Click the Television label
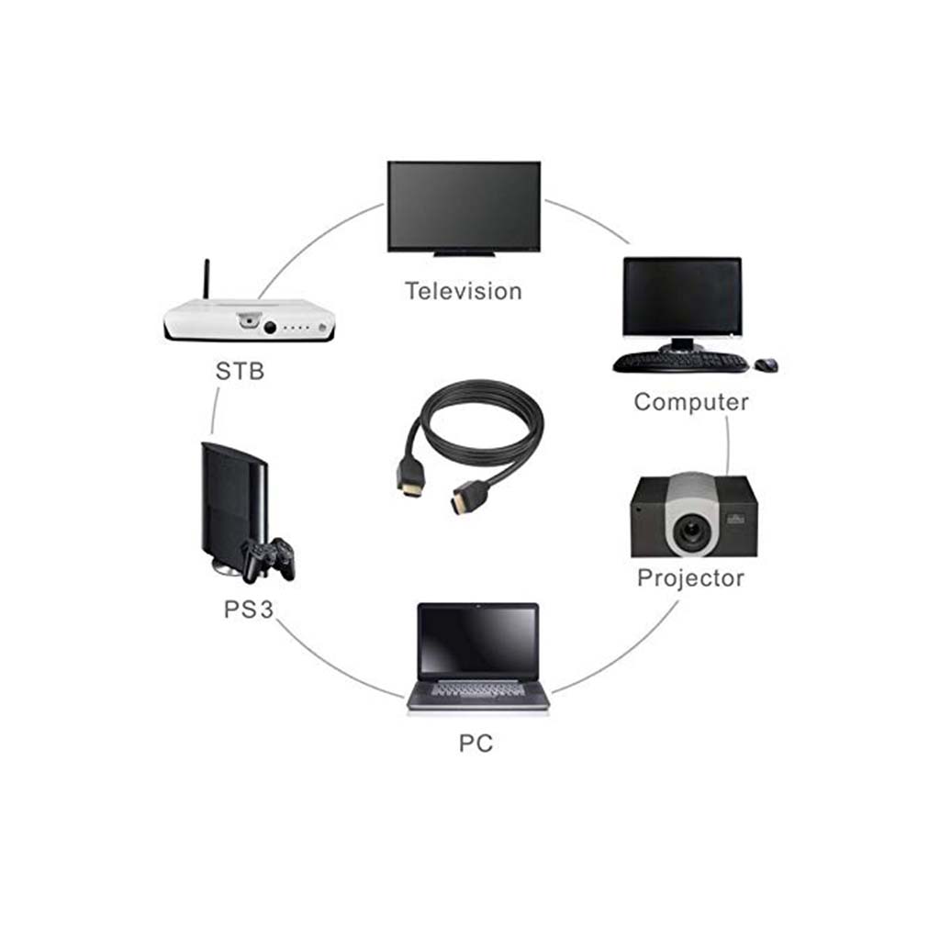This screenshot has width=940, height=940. [464, 291]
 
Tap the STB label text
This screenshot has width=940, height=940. [240, 371]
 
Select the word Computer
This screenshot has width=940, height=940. [691, 402]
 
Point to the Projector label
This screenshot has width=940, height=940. [690, 578]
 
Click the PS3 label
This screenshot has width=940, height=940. [249, 610]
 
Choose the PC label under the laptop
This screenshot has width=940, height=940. [476, 744]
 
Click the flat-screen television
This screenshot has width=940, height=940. [464, 207]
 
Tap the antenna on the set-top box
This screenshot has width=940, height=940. [207, 279]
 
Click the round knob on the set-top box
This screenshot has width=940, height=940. [270, 328]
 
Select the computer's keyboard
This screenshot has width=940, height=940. [680, 362]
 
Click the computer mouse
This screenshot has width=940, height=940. [767, 364]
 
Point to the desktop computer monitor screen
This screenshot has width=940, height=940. [682, 298]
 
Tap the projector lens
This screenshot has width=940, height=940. [693, 530]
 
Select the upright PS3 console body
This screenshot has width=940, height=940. [232, 504]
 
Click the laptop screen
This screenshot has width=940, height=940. [477, 640]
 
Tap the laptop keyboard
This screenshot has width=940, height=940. [477, 688]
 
